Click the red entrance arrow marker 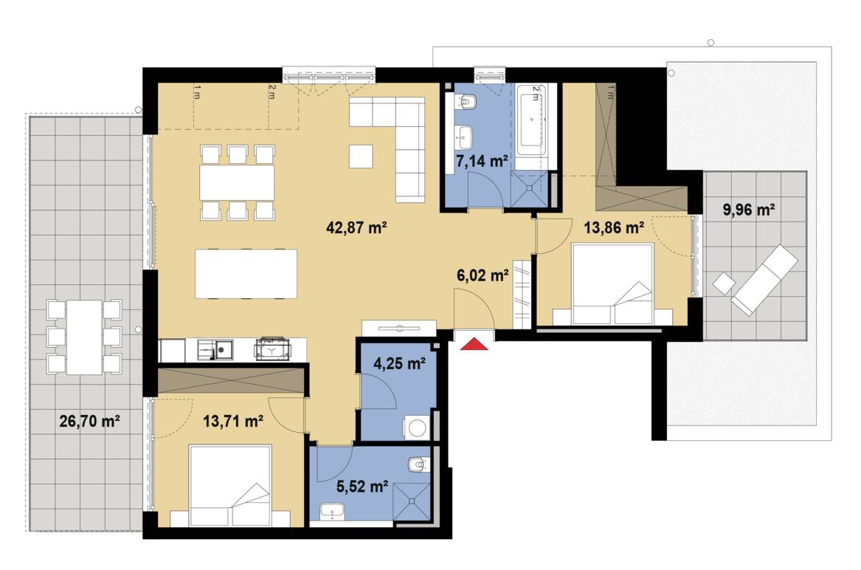coord(475,343)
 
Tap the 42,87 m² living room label coord(357,228)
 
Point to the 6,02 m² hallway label coord(483,275)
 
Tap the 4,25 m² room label coord(398,363)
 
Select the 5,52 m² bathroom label coord(362,487)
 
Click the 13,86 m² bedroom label coord(615,227)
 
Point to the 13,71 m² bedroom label coord(234,422)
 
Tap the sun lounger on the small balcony coord(764,280)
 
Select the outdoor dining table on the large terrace coord(83,336)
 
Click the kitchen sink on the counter coord(220,348)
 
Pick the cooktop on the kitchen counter coord(273,349)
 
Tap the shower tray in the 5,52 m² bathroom coord(411,501)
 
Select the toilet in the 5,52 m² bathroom coord(418,464)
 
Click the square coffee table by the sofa coord(362,156)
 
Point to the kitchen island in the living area coord(246,273)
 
